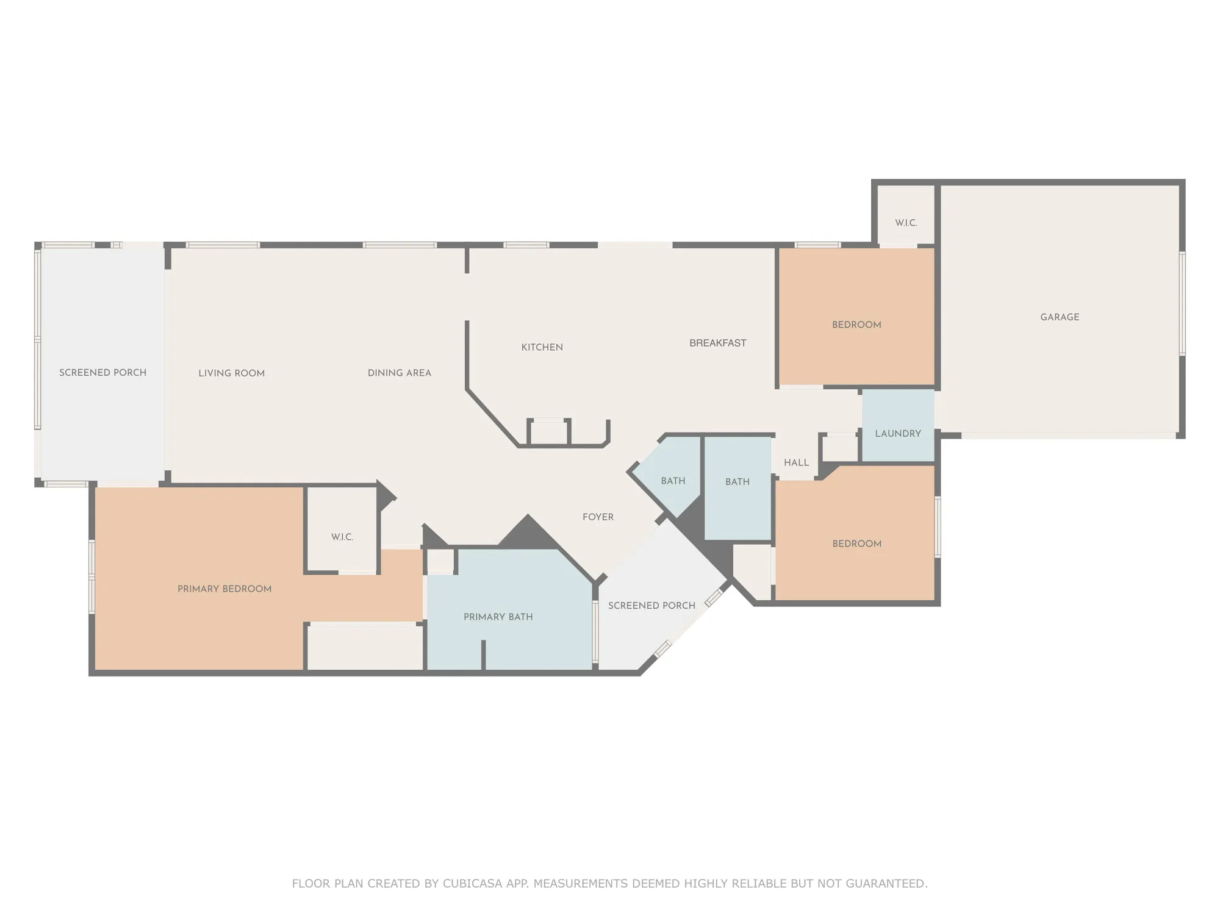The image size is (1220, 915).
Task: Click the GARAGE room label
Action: [x=1060, y=317]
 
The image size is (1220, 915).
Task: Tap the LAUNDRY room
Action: [x=898, y=434]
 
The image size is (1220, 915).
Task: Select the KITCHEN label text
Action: [x=542, y=347]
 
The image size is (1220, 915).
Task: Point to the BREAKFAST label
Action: [x=717, y=343]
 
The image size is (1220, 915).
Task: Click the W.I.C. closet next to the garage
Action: [x=906, y=223]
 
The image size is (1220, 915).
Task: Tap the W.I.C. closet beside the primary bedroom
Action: [x=342, y=537]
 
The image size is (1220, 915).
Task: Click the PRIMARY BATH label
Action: [x=498, y=617]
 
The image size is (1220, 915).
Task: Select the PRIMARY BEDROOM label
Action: [x=224, y=589]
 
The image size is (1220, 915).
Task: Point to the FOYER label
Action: [x=598, y=517]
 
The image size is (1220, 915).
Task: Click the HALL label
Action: [x=796, y=462]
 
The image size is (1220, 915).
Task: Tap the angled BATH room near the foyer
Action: [x=673, y=481]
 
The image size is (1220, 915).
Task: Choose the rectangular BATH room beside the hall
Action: [x=737, y=482]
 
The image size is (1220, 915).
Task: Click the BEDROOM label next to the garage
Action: [x=856, y=325]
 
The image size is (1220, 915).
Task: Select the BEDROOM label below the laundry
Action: [x=856, y=544]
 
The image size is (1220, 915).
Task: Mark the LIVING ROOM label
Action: [x=231, y=373]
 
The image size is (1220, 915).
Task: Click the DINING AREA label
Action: [x=399, y=373]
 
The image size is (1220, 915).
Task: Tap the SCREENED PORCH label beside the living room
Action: [x=102, y=373]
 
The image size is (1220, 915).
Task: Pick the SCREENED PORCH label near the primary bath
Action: [x=651, y=605]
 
